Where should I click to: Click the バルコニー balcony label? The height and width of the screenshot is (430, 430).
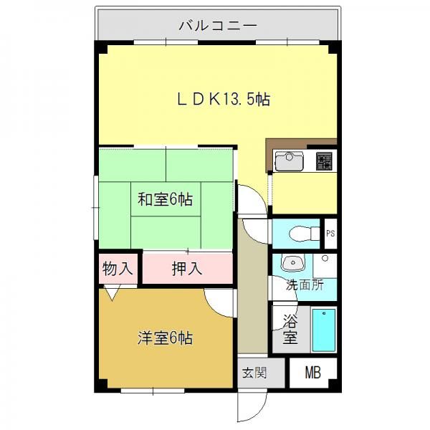pyautogui.click(x=218, y=26)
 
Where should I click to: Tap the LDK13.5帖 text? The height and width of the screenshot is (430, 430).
pyautogui.click(x=224, y=99)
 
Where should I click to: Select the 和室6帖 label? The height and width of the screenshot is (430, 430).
pyautogui.click(x=165, y=199)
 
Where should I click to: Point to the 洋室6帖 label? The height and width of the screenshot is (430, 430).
pyautogui.click(x=165, y=338)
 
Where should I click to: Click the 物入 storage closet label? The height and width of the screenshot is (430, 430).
pyautogui.click(x=118, y=269)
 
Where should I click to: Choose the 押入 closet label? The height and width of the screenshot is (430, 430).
pyautogui.click(x=187, y=269)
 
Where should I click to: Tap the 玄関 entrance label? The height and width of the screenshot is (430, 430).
pyautogui.click(x=254, y=373)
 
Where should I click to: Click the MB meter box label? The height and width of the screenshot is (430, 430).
pyautogui.click(x=313, y=373)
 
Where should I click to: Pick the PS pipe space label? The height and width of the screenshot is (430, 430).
pyautogui.click(x=330, y=234)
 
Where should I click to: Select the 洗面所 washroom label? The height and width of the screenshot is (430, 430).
pyautogui.click(x=305, y=285)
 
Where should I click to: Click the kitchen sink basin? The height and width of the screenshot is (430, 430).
pyautogui.click(x=289, y=161)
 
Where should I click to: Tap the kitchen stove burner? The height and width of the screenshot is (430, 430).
pyautogui.click(x=324, y=161)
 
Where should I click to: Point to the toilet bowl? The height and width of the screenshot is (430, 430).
pyautogui.click(x=305, y=234)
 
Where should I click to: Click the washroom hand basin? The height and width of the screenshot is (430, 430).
pyautogui.click(x=293, y=263)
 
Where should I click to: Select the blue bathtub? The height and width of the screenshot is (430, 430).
pyautogui.click(x=324, y=330)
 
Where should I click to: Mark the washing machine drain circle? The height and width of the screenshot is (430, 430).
pyautogui.click(x=325, y=258)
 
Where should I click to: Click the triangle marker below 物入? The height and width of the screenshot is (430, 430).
pyautogui.click(x=113, y=292)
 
